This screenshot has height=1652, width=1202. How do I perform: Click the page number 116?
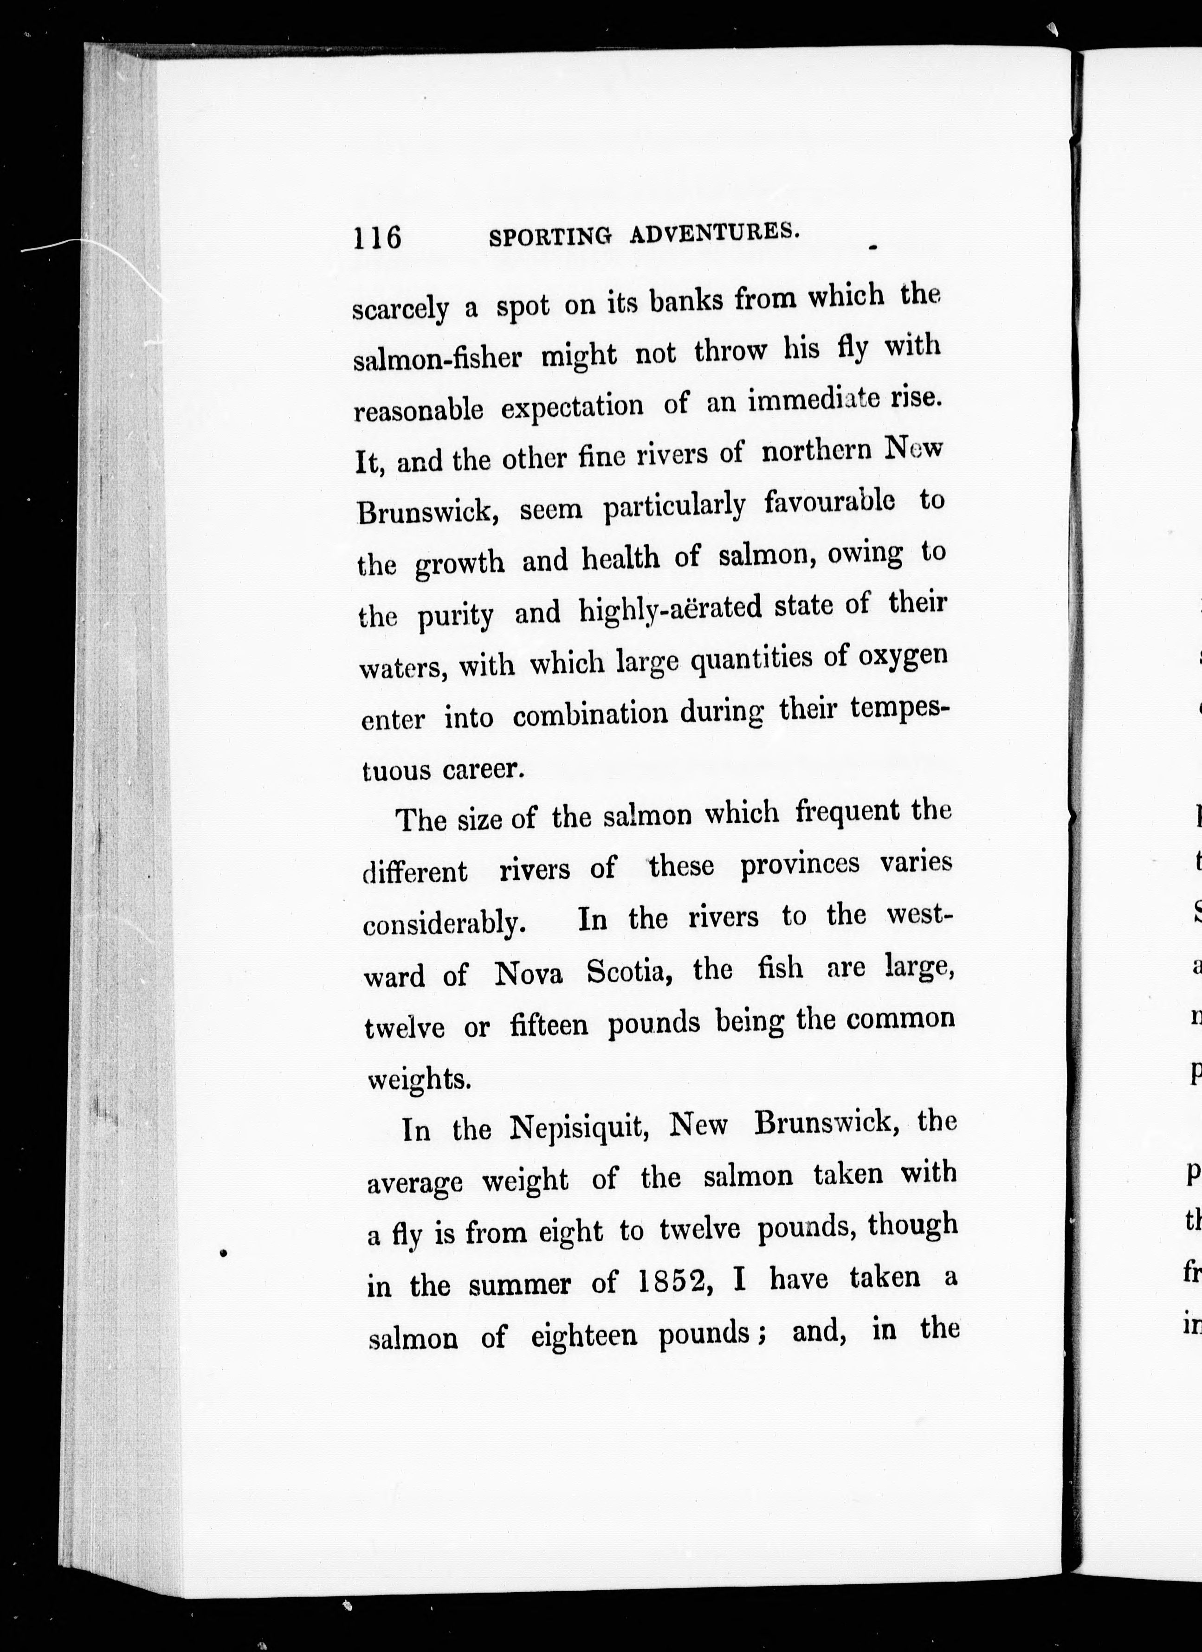377,238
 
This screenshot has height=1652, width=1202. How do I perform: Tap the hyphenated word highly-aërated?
670,610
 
